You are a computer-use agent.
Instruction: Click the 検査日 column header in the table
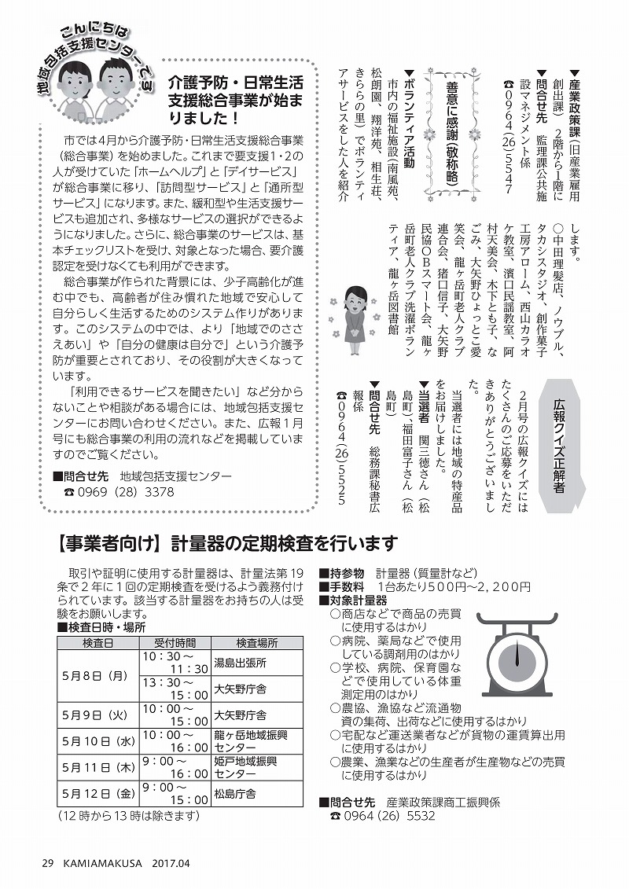click(97, 642)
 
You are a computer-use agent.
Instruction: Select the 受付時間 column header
click(175, 642)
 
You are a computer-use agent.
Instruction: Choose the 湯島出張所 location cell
click(240, 662)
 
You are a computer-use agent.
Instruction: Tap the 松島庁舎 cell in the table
click(235, 794)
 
